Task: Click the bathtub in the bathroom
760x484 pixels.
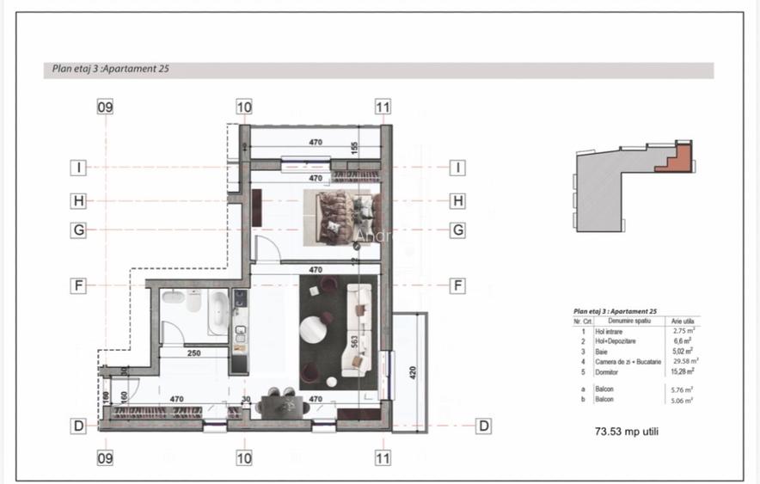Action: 218,313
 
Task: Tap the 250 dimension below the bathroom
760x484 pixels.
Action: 195,352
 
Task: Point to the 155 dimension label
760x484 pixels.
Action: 353,148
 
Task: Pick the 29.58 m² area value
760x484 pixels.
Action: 684,362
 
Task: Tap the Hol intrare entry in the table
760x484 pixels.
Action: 609,330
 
